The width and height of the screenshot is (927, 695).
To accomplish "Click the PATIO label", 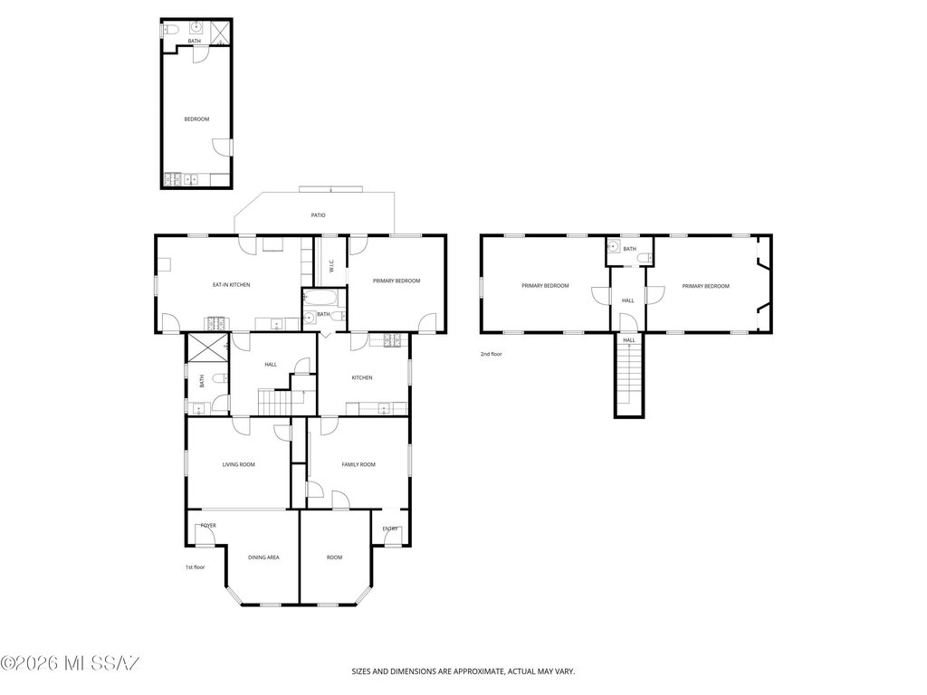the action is [318, 215].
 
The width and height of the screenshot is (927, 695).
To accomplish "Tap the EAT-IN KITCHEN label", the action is [231, 285].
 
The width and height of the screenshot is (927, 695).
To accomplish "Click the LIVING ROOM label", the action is [238, 464].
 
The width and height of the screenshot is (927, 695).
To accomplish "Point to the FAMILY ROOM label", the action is [358, 464].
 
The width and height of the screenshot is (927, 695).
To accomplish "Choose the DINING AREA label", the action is [263, 557].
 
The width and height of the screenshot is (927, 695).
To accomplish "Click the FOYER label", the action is [208, 526].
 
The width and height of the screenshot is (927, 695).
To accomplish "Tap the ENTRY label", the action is [390, 528].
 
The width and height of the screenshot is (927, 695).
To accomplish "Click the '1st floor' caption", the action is [196, 567].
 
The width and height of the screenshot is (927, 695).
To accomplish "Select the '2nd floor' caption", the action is [491, 354].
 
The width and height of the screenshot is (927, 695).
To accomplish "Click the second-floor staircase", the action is [629, 376].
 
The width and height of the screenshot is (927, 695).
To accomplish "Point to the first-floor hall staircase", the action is [275, 402].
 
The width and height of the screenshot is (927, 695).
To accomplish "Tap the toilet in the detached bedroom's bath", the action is [170, 29].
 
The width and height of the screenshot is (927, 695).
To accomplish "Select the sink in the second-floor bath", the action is [614, 246].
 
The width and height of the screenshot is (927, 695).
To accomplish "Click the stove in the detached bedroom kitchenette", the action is [172, 178].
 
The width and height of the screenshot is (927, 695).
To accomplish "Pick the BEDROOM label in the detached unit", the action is [196, 119].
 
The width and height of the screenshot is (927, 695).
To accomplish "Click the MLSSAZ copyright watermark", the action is [71, 663].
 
